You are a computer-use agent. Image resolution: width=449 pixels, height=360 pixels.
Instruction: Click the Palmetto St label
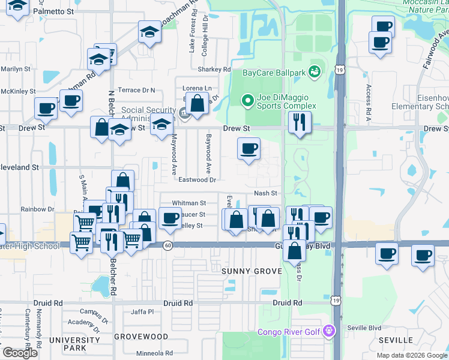click(x=53, y=11)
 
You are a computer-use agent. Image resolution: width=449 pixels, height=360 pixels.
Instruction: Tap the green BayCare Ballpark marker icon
click(x=315, y=73)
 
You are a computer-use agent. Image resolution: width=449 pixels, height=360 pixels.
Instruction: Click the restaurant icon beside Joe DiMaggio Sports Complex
click(x=298, y=123)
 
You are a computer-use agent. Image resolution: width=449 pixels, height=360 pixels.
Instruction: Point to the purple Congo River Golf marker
click(x=328, y=331)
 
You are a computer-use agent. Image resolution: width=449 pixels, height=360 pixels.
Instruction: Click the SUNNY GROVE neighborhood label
click(x=252, y=271)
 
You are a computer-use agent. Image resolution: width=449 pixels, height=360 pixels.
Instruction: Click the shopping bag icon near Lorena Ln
click(x=197, y=104)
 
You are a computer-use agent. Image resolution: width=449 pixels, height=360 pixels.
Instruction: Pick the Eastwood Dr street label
click(x=197, y=179)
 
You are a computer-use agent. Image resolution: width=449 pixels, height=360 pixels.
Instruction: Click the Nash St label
click(x=265, y=193)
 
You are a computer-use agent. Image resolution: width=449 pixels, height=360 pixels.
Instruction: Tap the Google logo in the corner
click(x=20, y=353)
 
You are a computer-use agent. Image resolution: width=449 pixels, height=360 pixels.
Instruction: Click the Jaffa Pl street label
click(x=143, y=311)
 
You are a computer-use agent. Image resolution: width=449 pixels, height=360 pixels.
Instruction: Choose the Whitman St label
click(x=189, y=203)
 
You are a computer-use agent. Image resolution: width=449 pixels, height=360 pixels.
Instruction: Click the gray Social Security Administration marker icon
click(x=183, y=111)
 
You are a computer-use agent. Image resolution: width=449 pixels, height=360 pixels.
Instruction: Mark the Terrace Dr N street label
click(x=136, y=90)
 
